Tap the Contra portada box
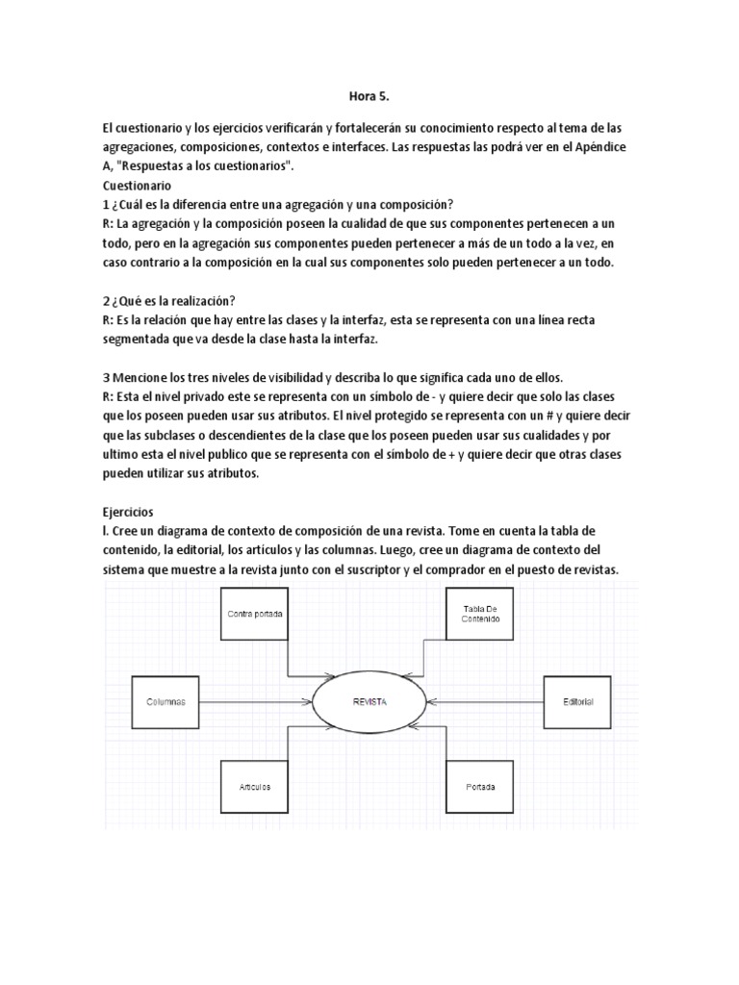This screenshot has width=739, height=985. [x=255, y=614]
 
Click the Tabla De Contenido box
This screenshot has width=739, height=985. [x=481, y=614]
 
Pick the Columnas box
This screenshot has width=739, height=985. [x=166, y=702]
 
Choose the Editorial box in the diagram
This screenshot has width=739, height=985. [x=578, y=702]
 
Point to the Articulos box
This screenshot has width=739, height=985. [x=255, y=787]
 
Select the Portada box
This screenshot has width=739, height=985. [x=481, y=787]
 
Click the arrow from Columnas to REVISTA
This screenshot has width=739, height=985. [x=258, y=702]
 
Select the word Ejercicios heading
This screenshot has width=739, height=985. [x=131, y=512]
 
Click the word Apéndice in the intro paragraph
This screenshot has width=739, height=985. [x=601, y=146]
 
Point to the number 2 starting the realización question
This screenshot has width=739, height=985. [x=105, y=300]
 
